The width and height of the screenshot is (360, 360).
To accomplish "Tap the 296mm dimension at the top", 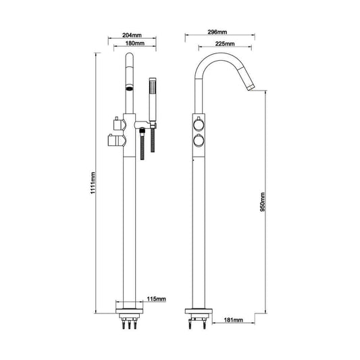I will (x=216, y=32).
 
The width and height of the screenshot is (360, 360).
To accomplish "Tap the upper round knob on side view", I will (x=198, y=126).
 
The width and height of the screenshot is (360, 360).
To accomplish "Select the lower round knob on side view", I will (x=198, y=140).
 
